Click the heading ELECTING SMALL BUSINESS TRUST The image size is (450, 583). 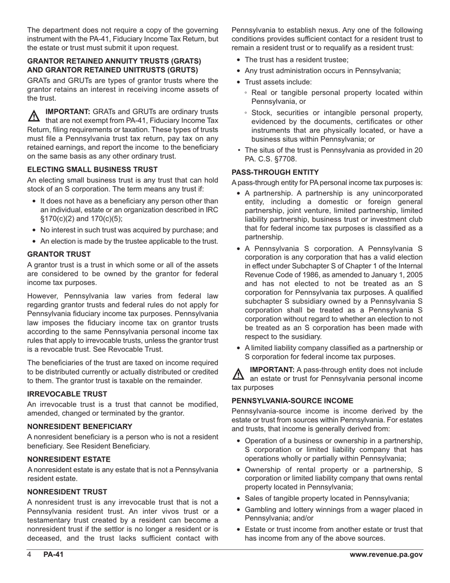pyautogui.click(x=92, y=169)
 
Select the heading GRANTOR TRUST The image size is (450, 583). pyautogui.click(x=59, y=254)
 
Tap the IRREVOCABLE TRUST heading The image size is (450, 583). pyautogui.click(x=67, y=394)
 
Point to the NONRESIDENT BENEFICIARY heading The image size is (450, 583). pyautogui.click(x=80, y=427)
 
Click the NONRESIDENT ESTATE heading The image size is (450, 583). pyautogui.click(x=69, y=459)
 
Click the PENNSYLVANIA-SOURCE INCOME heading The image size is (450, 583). pyautogui.click(x=292, y=401)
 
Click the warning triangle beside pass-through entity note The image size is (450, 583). pyautogui.click(x=238, y=374)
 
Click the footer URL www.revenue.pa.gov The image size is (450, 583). pyautogui.click(x=386, y=555)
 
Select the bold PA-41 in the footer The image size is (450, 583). pyautogui.click(x=53, y=555)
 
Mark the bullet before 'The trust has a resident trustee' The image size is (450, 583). pyautogui.click(x=238, y=60)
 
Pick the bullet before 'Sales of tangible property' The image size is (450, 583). pyautogui.click(x=238, y=498)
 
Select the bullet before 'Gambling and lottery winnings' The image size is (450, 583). pyautogui.click(x=238, y=510)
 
